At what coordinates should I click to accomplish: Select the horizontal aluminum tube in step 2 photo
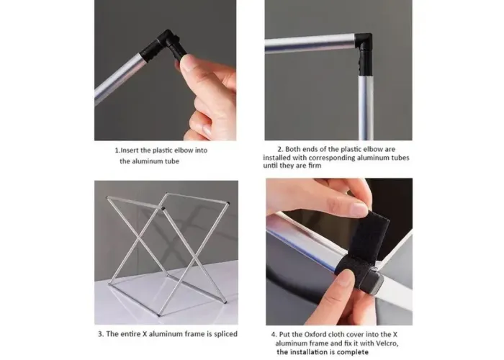coord(310,43)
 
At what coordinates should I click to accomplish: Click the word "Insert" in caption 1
coord(130,150)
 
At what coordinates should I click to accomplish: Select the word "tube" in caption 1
coord(172,161)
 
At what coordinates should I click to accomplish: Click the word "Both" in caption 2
coord(292,149)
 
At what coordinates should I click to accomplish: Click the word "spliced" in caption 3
coord(225,334)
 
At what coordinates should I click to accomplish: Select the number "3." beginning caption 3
coord(101,334)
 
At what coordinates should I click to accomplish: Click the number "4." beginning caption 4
coord(274,334)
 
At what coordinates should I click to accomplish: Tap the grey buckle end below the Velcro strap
coord(375,282)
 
